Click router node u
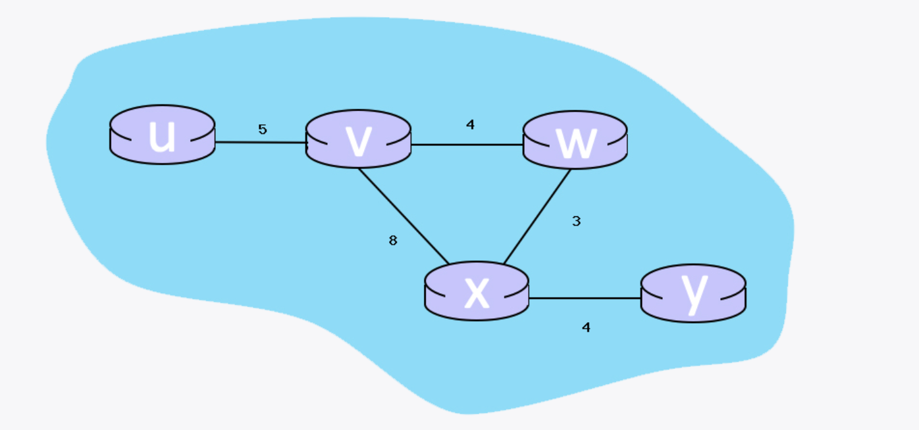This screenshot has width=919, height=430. click(162, 134)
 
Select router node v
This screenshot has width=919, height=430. click(358, 139)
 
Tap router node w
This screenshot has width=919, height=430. click(575, 139)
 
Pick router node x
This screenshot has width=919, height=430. click(477, 291)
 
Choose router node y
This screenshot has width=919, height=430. click(693, 293)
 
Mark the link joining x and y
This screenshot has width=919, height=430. click(585, 298)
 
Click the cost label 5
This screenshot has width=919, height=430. click(263, 130)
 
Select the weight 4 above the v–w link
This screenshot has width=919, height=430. click(470, 124)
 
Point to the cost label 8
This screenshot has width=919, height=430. click(393, 241)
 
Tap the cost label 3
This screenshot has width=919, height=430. click(576, 222)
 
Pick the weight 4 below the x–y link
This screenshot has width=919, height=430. click(586, 327)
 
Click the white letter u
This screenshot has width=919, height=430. click(162, 137)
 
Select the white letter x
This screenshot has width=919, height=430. click(477, 293)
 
